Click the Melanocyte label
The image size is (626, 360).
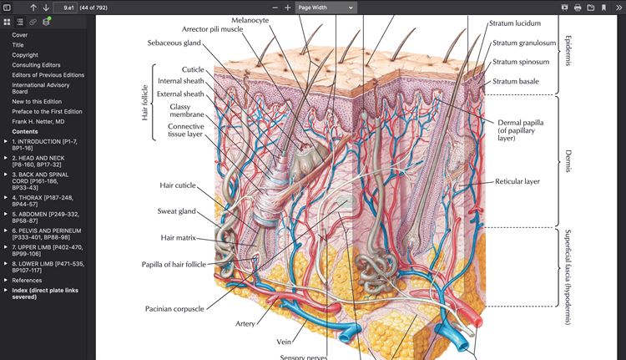(250, 20)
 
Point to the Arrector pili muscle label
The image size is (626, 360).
(212, 29)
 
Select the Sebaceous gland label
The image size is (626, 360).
(174, 43)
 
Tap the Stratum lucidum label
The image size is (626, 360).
(515, 23)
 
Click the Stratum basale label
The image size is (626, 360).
(516, 81)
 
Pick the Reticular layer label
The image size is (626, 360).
(517, 181)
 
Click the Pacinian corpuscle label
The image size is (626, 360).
(174, 309)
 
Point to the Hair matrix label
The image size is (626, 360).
(178, 238)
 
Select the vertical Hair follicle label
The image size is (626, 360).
(145, 103)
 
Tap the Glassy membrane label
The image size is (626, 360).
(186, 111)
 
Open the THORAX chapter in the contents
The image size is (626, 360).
(43, 201)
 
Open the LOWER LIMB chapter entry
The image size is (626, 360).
(48, 267)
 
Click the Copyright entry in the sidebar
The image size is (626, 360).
(25, 55)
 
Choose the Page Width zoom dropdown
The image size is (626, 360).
(326, 8)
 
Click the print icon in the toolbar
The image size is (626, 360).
(578, 8)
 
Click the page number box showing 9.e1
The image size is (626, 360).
(65, 8)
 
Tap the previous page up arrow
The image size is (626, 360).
(33, 8)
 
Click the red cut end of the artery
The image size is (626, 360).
(477, 321)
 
